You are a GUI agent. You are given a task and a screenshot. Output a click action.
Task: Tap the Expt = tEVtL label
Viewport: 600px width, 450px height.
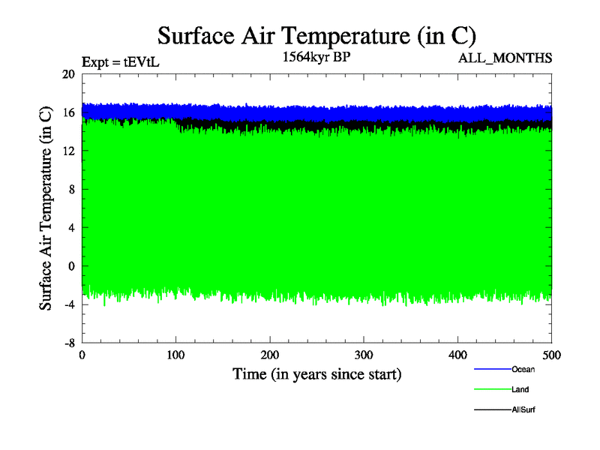click(x=120, y=62)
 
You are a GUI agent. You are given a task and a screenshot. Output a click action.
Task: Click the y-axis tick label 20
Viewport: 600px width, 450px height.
click(x=68, y=74)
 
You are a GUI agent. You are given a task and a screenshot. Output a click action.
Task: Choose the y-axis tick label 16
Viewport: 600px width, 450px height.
click(x=68, y=112)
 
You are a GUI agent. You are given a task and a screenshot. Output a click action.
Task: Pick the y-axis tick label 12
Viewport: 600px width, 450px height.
click(x=68, y=151)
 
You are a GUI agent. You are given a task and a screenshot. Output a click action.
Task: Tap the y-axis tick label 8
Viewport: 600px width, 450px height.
click(x=71, y=189)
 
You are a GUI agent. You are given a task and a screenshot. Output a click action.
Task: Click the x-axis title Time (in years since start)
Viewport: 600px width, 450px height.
click(x=316, y=373)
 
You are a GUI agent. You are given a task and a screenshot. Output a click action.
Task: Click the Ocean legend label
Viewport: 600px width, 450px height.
click(x=523, y=369)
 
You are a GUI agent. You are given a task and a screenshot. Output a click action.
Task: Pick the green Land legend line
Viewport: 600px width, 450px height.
click(x=492, y=389)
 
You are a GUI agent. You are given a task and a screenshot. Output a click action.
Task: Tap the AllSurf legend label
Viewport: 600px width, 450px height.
click(x=523, y=409)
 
